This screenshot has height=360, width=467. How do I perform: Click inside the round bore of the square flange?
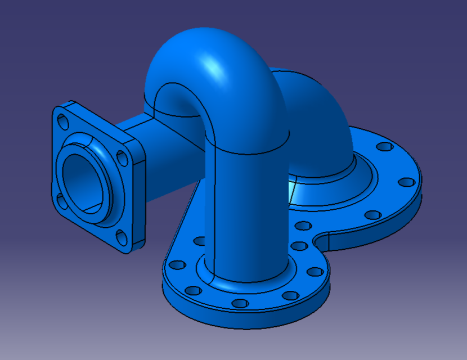84,181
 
